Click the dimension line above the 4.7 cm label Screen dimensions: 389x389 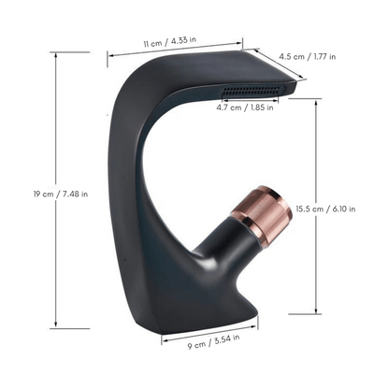pos(253,99)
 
